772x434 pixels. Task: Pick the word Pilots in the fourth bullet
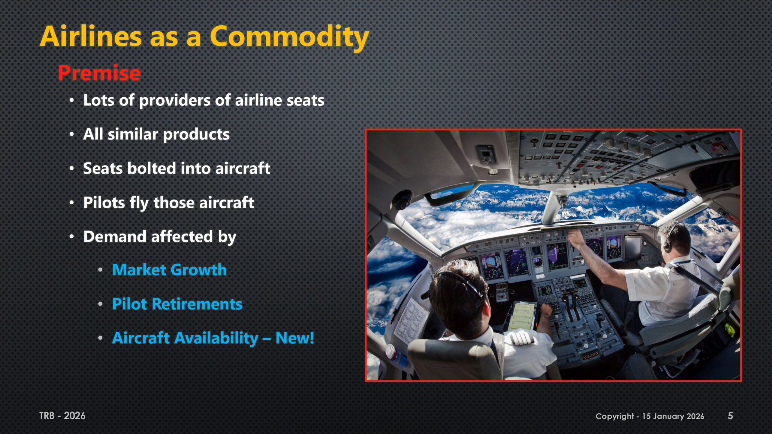click(104, 202)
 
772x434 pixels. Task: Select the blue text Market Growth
click(169, 269)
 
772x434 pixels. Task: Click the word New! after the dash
click(295, 338)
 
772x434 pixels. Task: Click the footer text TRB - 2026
click(62, 416)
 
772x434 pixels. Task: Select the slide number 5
click(730, 416)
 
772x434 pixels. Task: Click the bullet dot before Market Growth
click(100, 270)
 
